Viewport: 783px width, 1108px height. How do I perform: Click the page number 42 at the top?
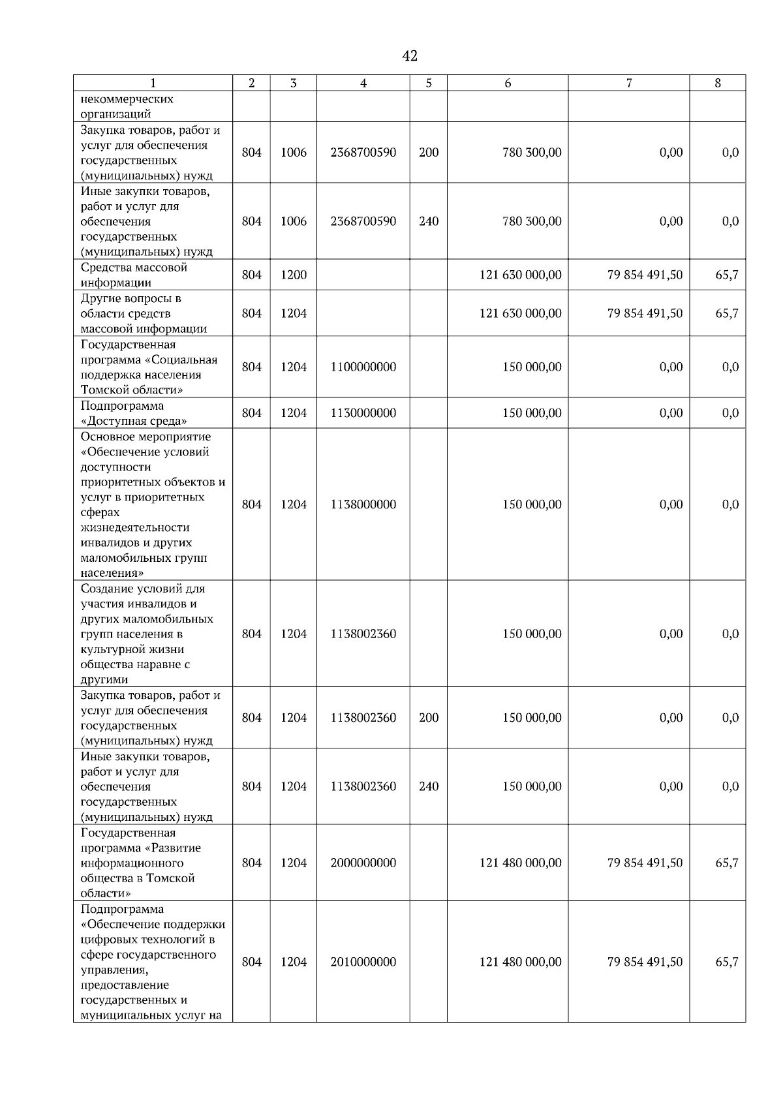coord(410,56)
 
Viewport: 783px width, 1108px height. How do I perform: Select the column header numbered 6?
coord(507,83)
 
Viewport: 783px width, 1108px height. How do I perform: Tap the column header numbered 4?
coord(363,83)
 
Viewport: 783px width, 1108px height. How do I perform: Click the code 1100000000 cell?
coord(363,367)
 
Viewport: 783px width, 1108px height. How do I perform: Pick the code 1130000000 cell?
coord(363,413)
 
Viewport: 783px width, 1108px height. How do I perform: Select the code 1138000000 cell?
coord(363,504)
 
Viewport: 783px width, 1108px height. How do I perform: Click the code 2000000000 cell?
coord(363,863)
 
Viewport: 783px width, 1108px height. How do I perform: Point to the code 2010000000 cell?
coord(363,962)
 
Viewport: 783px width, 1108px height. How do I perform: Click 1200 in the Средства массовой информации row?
coord(294,275)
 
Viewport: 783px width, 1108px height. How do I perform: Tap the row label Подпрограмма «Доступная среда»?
coord(134,413)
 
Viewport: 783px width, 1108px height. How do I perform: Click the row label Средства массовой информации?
coord(134,275)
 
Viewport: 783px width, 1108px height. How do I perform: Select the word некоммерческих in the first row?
coord(127,99)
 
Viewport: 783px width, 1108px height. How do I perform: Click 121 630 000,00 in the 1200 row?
coord(520,275)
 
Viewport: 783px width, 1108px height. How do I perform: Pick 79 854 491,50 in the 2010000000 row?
coord(645,962)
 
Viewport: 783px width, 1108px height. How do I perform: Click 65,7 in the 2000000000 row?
coord(726,863)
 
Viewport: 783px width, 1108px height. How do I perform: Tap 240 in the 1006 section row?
coord(428,221)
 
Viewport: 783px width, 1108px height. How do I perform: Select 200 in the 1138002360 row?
coord(428,718)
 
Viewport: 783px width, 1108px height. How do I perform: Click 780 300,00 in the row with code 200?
coord(531,153)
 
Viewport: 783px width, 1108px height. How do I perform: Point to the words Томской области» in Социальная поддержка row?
coord(131,390)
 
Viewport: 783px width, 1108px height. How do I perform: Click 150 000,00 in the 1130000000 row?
coord(531,413)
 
